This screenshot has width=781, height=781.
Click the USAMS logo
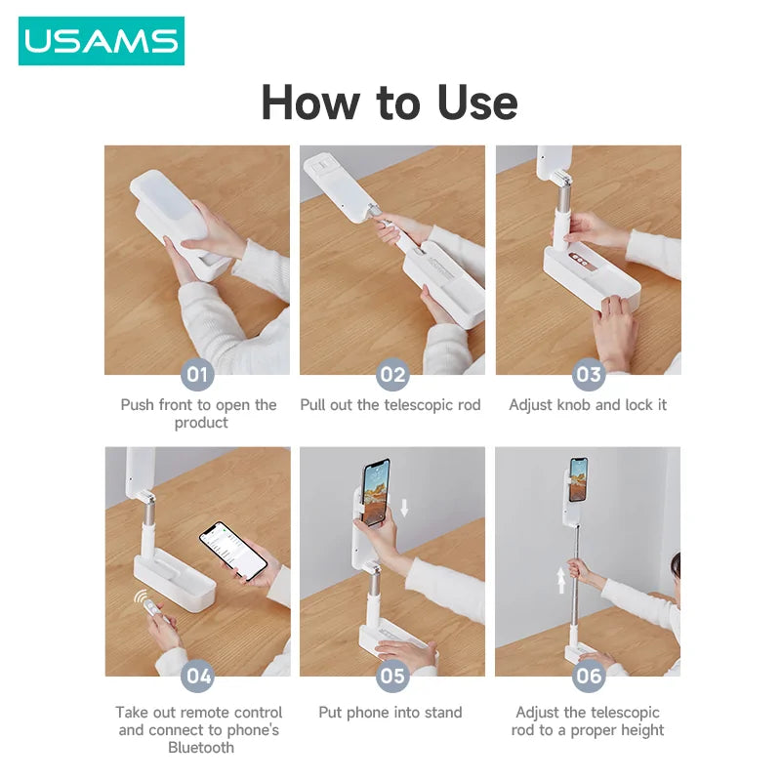pos(102,41)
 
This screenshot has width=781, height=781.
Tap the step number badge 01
pos(198,375)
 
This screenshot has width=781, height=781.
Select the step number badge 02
pos(392,375)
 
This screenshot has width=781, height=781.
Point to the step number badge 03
pos(588,375)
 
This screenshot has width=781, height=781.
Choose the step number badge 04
pos(198,676)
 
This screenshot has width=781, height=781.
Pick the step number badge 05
pos(392,676)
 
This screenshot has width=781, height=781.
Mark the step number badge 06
pos(588,676)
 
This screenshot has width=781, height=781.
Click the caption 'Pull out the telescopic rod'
pos(390,405)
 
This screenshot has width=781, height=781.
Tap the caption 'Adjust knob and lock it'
pos(588,405)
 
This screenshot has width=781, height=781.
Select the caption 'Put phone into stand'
pos(390,713)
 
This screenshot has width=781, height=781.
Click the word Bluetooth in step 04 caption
pos(200,748)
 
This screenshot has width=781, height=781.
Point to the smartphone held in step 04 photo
pos(232,551)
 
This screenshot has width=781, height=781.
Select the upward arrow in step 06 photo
pos(561,582)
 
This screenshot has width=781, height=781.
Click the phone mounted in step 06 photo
pos(578,480)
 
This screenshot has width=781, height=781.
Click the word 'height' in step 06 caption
pos(641,730)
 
